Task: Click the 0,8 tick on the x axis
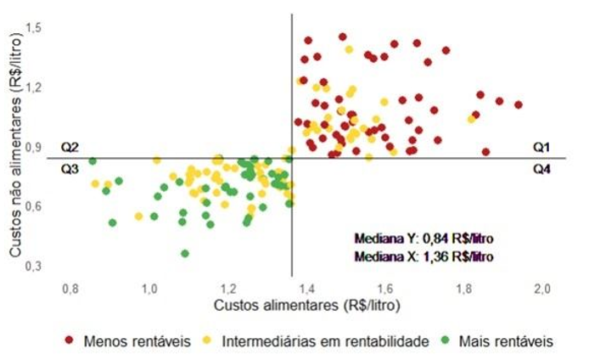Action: pyautogui.click(x=70, y=289)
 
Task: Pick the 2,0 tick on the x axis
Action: pyautogui.click(x=541, y=289)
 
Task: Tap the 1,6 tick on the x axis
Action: pyautogui.click(x=385, y=289)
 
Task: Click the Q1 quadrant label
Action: pyautogui.click(x=541, y=147)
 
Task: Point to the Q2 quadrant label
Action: pyautogui.click(x=70, y=147)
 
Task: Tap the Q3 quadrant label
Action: pyautogui.click(x=70, y=168)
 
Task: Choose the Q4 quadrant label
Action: pyautogui.click(x=541, y=169)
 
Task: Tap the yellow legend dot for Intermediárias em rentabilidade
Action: pyautogui.click(x=209, y=341)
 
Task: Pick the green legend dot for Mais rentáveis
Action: pyautogui.click(x=444, y=341)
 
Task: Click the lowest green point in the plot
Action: pyautogui.click(x=185, y=253)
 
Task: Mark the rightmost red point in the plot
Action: pyautogui.click(x=519, y=104)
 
